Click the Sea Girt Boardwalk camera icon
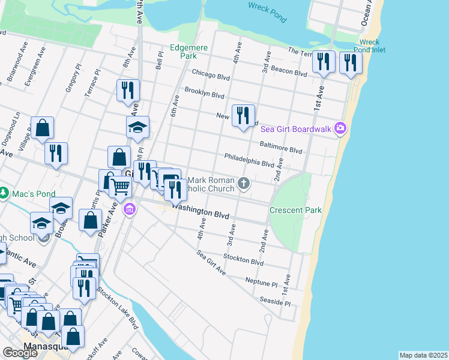point(340,127)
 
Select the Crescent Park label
point(295,210)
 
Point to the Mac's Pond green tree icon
point(5,193)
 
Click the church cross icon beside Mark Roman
point(243,182)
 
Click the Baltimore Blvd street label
point(280,147)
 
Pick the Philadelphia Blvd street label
point(249,160)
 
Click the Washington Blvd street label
point(202,212)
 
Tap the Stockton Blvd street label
point(243,260)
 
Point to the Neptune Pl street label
point(261,281)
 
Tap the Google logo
point(20,353)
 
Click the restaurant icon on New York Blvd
point(243,115)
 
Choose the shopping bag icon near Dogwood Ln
point(42,128)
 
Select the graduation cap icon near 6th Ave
point(137,127)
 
